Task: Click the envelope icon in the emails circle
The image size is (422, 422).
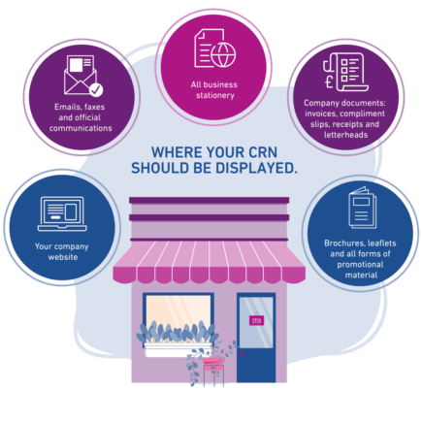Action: pyautogui.click(x=81, y=75)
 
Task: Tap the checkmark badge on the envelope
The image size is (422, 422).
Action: pyautogui.click(x=96, y=90)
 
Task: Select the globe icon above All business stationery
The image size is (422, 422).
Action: pyautogui.click(x=223, y=55)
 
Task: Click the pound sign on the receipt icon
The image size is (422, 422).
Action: pyautogui.click(x=329, y=82)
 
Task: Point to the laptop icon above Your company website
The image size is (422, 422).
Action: pyautogui.click(x=62, y=213)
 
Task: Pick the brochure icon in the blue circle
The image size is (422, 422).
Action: pyautogui.click(x=362, y=208)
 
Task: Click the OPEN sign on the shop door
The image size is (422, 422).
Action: pyautogui.click(x=256, y=320)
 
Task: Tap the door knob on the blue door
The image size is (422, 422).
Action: pyautogui.click(x=243, y=354)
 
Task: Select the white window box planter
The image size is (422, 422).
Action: pyautogui.click(x=178, y=350)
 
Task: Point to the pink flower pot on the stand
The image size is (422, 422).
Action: pyautogui.click(x=213, y=362)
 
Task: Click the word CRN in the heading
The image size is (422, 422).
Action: pyautogui.click(x=263, y=152)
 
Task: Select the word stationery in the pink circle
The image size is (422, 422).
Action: pyautogui.click(x=215, y=95)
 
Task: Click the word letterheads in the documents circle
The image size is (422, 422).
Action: pyautogui.click(x=345, y=135)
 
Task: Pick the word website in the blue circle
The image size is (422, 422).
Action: pyautogui.click(x=63, y=257)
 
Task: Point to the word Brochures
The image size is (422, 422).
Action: pyautogui.click(x=344, y=243)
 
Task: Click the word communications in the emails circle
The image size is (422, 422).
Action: pyautogui.click(x=81, y=128)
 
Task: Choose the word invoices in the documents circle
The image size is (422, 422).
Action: pyautogui.click(x=320, y=114)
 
